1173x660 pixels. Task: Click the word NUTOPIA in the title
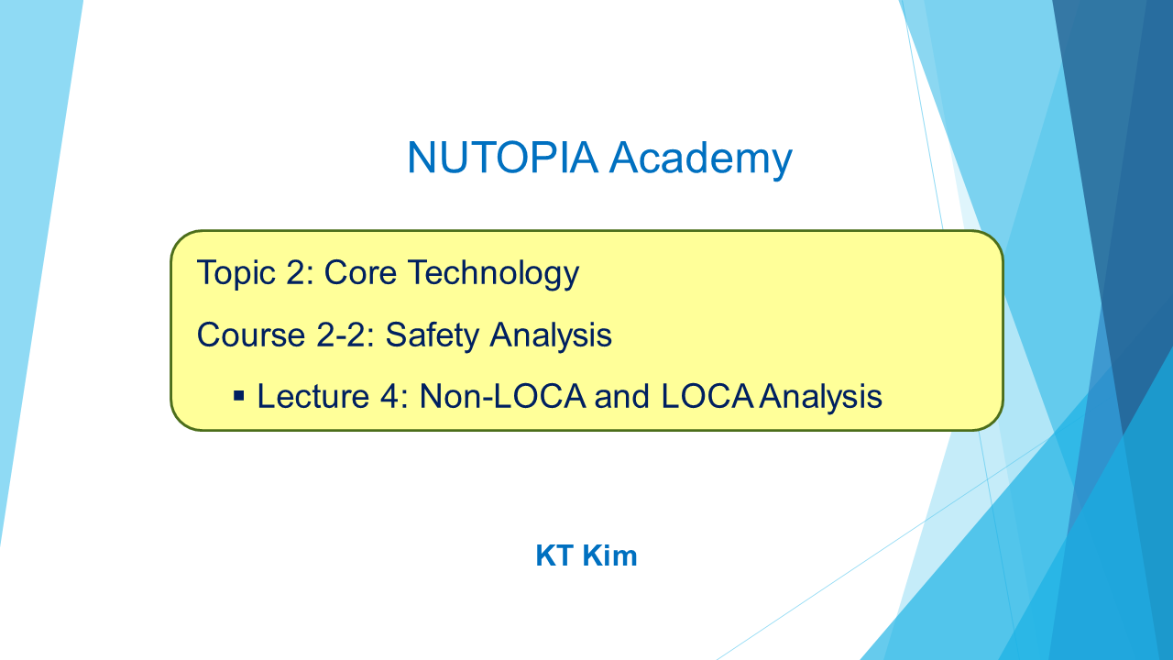point(502,157)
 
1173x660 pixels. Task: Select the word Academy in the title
point(701,159)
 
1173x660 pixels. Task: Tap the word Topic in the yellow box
point(236,274)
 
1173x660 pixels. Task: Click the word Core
point(360,272)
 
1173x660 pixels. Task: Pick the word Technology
point(493,274)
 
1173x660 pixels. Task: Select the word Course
point(251,335)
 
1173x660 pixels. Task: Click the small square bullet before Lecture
point(239,395)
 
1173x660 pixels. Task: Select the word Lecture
point(313,396)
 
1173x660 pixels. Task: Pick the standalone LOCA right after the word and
point(707,396)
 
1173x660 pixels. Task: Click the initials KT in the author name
point(554,555)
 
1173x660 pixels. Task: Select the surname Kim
point(609,555)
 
